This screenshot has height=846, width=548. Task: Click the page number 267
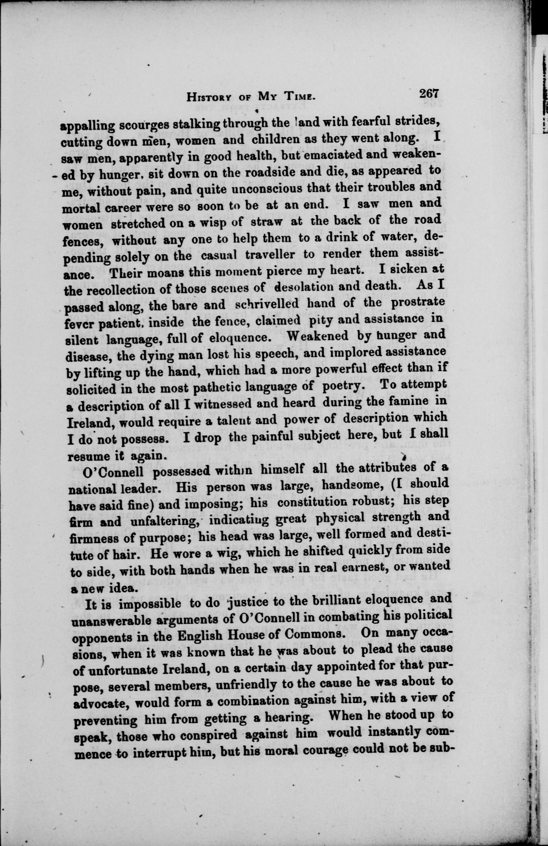pos(429,94)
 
